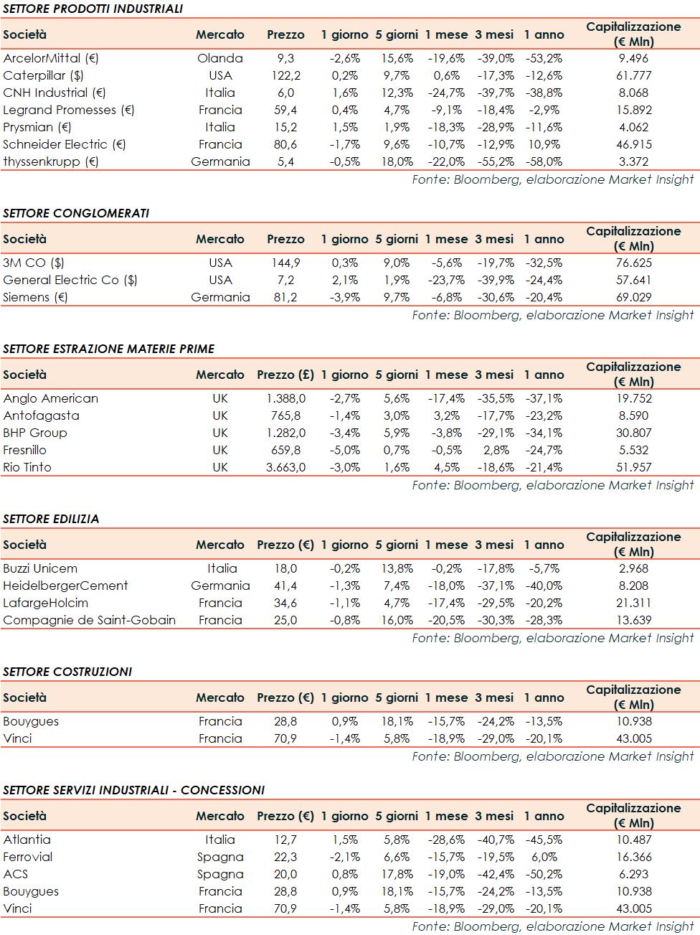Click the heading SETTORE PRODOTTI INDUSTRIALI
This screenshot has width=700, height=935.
click(x=93, y=9)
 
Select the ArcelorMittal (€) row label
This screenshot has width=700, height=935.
click(x=51, y=58)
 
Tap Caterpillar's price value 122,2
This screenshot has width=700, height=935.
click(x=285, y=75)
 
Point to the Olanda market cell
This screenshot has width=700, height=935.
click(x=220, y=58)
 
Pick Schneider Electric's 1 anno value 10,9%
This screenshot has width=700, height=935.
click(x=544, y=144)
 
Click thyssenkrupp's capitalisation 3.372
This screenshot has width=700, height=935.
click(x=633, y=161)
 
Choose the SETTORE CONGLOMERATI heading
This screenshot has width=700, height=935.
click(x=76, y=213)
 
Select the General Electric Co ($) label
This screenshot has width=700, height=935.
click(x=70, y=280)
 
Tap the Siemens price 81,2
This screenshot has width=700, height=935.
click(x=285, y=297)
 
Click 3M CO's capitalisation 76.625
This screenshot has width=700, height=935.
click(x=633, y=263)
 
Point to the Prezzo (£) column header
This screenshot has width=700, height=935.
click(x=285, y=375)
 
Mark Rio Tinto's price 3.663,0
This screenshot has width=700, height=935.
click(x=285, y=467)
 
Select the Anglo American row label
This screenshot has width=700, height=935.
click(x=51, y=398)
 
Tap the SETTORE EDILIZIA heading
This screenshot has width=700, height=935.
click(x=51, y=519)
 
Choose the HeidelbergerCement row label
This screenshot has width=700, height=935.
click(x=65, y=586)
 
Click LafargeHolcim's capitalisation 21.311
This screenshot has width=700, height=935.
click(x=633, y=603)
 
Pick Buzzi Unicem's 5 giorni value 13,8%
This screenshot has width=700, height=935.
click(x=397, y=568)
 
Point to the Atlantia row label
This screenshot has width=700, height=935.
click(x=27, y=840)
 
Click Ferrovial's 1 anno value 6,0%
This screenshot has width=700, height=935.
click(x=544, y=857)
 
